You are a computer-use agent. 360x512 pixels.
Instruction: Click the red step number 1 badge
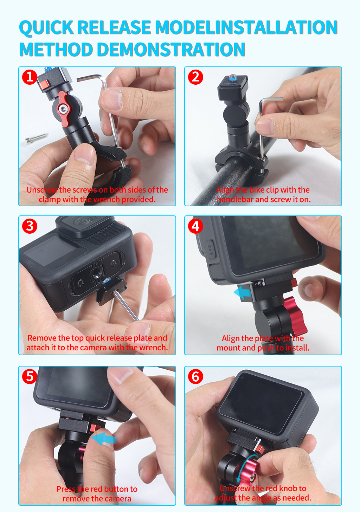tap(30, 77)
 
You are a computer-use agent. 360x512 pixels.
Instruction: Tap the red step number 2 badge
tap(195, 77)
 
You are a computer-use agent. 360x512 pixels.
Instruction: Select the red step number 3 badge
tap(30, 226)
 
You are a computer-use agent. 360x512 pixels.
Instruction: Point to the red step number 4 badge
tap(195, 226)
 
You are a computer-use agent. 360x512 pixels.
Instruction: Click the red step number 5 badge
tap(30, 376)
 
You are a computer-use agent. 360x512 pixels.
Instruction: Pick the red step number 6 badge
tap(195, 376)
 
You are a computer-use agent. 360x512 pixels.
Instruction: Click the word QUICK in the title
tap(46, 28)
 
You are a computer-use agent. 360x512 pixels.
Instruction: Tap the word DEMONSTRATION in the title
tap(171, 49)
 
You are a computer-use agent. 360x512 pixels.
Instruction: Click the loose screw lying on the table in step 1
tap(36, 138)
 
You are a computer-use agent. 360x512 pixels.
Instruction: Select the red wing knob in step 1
tap(63, 109)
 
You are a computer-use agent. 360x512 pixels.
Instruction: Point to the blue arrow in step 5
tap(104, 439)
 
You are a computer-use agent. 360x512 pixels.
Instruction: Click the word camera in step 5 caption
tap(118, 499)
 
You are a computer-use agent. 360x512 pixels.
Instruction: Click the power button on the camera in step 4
tap(210, 249)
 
